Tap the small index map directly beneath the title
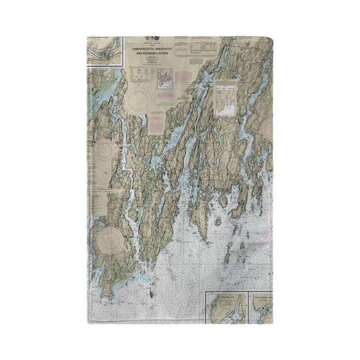coord(164,79)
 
